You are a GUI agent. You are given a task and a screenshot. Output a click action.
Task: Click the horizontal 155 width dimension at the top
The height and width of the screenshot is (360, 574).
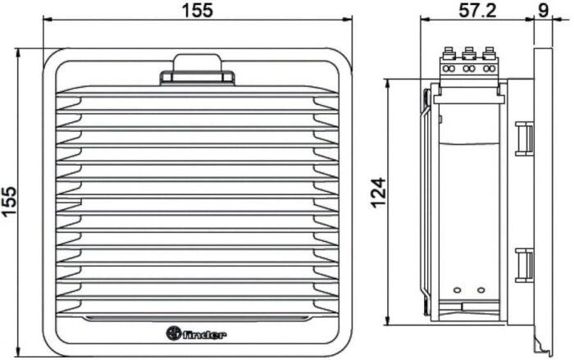[197, 11]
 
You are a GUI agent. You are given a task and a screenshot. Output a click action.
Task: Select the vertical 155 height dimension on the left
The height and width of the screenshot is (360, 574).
[10, 202]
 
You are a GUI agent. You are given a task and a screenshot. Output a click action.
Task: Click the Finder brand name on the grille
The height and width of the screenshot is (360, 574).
[205, 333]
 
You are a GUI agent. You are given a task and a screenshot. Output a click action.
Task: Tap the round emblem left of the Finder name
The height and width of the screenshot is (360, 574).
[174, 333]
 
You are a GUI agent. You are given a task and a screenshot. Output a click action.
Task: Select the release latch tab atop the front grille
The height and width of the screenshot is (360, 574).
[196, 69]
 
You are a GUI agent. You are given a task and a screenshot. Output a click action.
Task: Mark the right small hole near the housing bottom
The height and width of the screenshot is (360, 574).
[479, 290]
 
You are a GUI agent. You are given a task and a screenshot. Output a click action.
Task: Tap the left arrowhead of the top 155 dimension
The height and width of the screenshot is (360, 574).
[46, 23]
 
